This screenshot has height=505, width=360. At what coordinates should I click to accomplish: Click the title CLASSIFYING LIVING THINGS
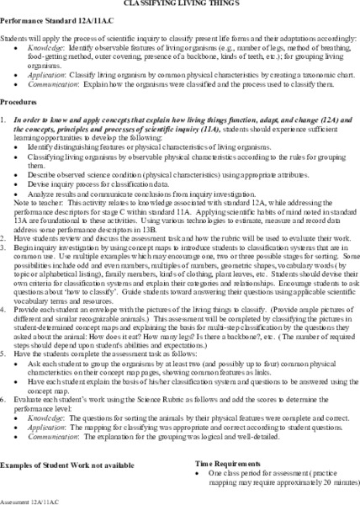180,3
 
